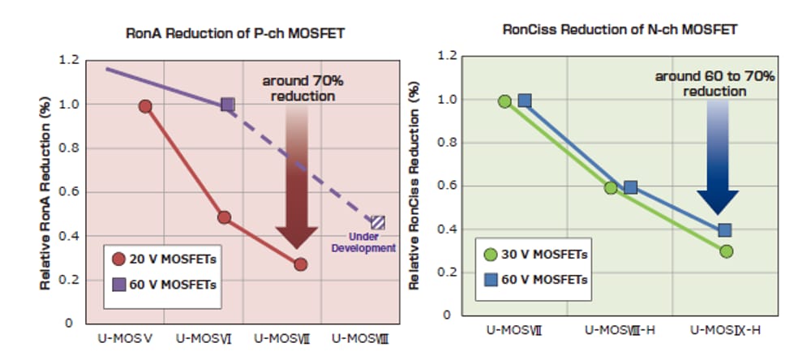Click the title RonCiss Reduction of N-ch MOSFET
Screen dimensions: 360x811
(x=620, y=30)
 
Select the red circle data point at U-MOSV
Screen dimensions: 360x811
(x=145, y=106)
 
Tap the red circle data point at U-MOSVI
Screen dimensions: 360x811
(x=224, y=217)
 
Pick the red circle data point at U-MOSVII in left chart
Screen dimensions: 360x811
(x=300, y=264)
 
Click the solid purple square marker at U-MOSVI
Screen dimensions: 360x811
(x=227, y=105)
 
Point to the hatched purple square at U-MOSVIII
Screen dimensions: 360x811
(x=377, y=222)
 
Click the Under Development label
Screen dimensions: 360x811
(x=363, y=242)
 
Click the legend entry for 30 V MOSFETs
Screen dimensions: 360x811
(x=534, y=254)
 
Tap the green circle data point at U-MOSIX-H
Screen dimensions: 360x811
(x=726, y=251)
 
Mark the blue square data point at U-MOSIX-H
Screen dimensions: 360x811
(x=725, y=230)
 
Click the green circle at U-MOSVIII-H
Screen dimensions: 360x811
(x=611, y=188)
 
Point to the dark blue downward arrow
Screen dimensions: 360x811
(x=718, y=162)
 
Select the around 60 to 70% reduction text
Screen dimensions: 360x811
(x=714, y=84)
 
